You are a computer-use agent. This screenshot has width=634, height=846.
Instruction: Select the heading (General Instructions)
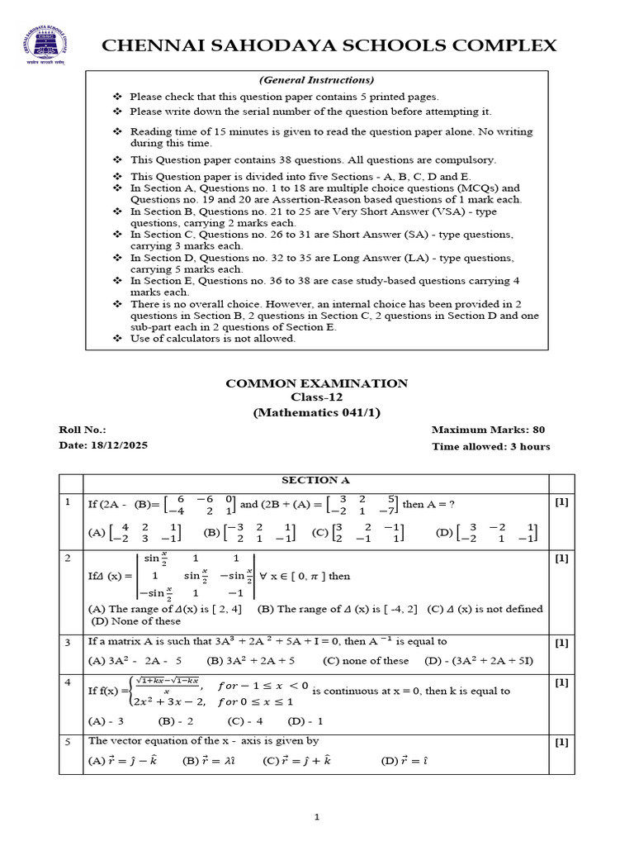[x=317, y=80]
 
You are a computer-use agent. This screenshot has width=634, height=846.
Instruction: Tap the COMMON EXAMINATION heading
[x=317, y=383]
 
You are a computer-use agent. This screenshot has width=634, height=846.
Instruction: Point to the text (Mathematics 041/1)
[x=317, y=411]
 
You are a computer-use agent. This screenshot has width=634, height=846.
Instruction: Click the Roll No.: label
[x=83, y=430]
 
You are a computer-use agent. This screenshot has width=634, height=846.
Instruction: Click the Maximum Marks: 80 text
[x=488, y=430]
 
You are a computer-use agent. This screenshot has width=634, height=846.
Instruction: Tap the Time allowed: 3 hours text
[x=490, y=447]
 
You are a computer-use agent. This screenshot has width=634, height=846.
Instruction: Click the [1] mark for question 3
[x=561, y=642]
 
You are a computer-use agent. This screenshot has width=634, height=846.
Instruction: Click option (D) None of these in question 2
[x=135, y=621]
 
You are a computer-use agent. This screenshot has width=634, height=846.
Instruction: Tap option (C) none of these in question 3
[x=366, y=661]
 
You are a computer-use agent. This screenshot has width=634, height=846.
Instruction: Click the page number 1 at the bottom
[x=316, y=817]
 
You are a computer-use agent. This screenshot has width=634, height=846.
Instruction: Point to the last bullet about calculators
[x=212, y=339]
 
